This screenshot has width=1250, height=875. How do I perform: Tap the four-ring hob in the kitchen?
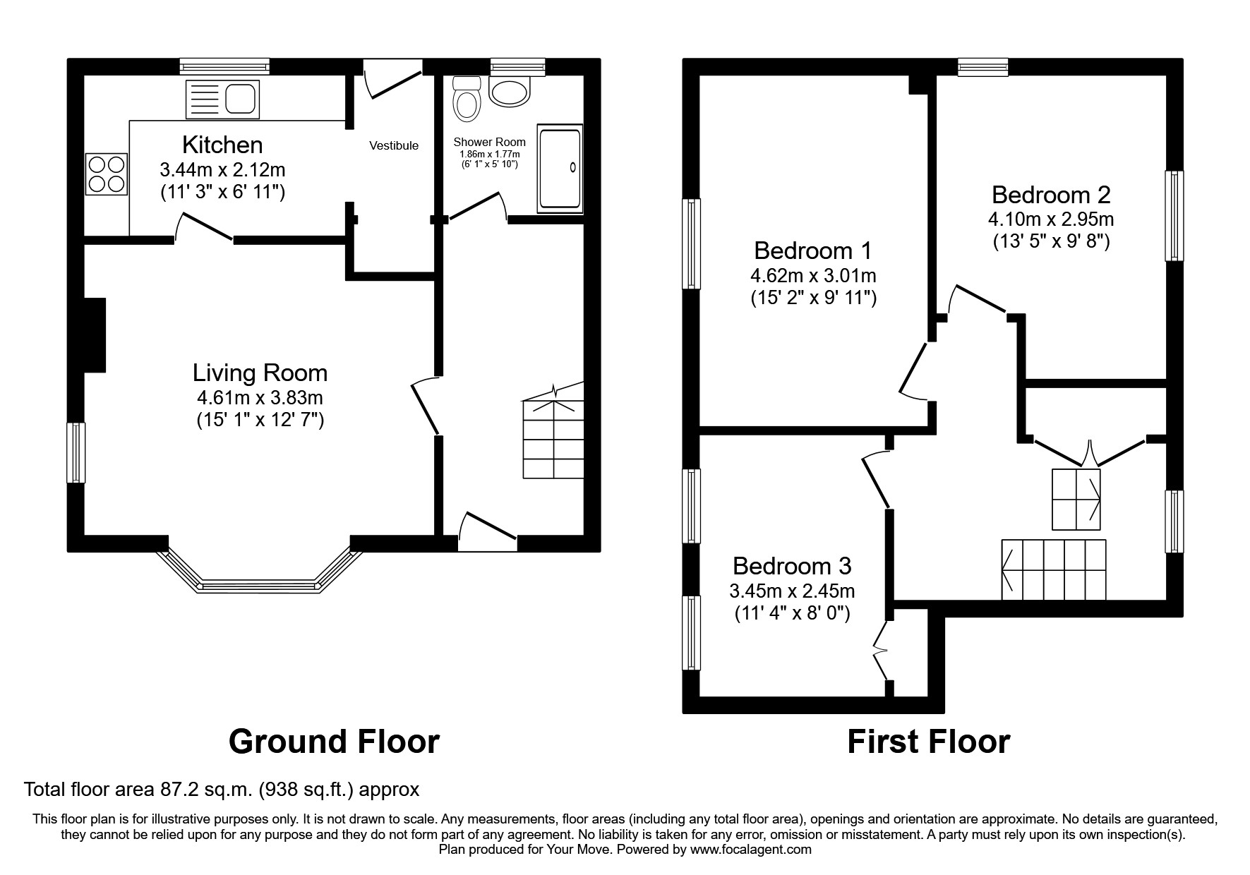pos(107,174)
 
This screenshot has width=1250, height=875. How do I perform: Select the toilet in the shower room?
pos(466,98)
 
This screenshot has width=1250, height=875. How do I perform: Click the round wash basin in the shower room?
pos(509,92)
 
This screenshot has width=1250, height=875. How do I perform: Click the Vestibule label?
pos(394,145)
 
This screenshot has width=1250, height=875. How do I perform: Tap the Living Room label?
pos(260,373)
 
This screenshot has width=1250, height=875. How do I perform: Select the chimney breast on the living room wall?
pos(95,334)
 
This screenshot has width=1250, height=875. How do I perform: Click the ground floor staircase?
pos(553,437)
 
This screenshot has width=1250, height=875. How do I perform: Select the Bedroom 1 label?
pos(812,251)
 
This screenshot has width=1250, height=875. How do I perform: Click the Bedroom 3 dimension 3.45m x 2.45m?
pos(792,590)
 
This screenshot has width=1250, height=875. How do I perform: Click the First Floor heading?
pos(928,742)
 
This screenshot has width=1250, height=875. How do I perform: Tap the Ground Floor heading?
pos(334,742)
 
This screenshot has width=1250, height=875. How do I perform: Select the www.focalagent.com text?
pos(750,850)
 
